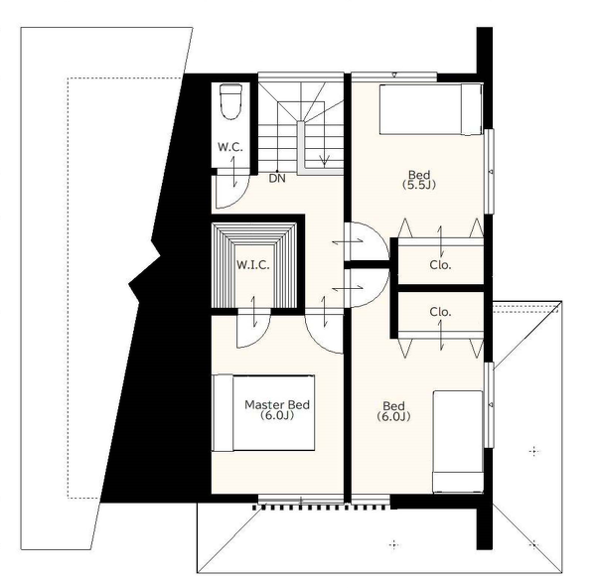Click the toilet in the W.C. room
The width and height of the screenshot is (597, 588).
click(231, 102)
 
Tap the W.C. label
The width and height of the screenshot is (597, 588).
click(230, 147)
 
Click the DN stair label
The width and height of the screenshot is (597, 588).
click(277, 178)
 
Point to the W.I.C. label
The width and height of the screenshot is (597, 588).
click(253, 265)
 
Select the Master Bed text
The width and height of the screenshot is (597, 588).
click(277, 404)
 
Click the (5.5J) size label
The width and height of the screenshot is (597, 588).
click(419, 185)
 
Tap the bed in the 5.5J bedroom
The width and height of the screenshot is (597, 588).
click(431, 109)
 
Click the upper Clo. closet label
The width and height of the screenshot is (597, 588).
click(440, 265)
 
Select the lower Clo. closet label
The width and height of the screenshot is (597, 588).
click(440, 312)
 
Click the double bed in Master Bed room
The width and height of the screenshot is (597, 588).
click(263, 413)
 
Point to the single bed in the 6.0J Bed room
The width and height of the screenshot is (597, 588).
click(458, 441)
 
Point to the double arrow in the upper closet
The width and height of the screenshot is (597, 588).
click(441, 241)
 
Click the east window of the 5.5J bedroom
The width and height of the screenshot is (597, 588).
click(491, 171)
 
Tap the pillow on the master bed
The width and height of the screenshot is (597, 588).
click(223, 413)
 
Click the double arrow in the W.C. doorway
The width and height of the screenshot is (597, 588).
click(234, 172)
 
